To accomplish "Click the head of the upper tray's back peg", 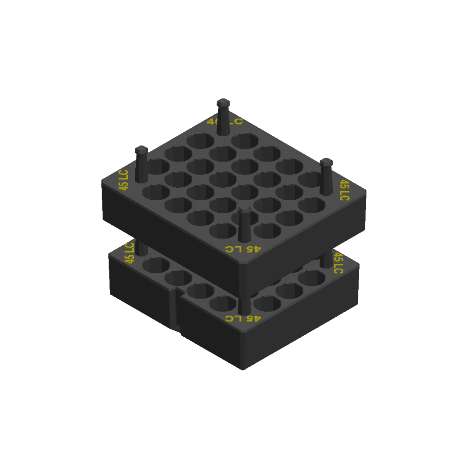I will (x=223, y=103).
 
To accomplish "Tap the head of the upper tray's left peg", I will (x=141, y=150).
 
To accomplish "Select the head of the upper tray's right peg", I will (x=327, y=162).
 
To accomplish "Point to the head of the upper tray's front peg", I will (x=244, y=210).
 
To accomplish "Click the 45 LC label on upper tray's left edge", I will (x=123, y=180).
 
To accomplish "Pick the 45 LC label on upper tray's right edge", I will (x=344, y=190).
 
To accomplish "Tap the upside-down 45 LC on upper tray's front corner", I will (x=243, y=249).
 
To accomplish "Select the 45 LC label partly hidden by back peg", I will (x=225, y=122).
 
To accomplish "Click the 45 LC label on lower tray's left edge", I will (x=129, y=253).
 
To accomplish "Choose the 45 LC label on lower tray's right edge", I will (x=339, y=263).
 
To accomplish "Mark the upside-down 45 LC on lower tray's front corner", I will (x=243, y=318).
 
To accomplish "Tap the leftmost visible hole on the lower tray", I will (x=156, y=265).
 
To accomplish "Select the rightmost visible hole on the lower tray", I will (x=311, y=278).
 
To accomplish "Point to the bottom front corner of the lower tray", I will (x=243, y=369).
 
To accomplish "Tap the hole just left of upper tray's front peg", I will (x=223, y=230).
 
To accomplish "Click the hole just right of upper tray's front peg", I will (x=267, y=230).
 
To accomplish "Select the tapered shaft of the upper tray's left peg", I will (x=141, y=168).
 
